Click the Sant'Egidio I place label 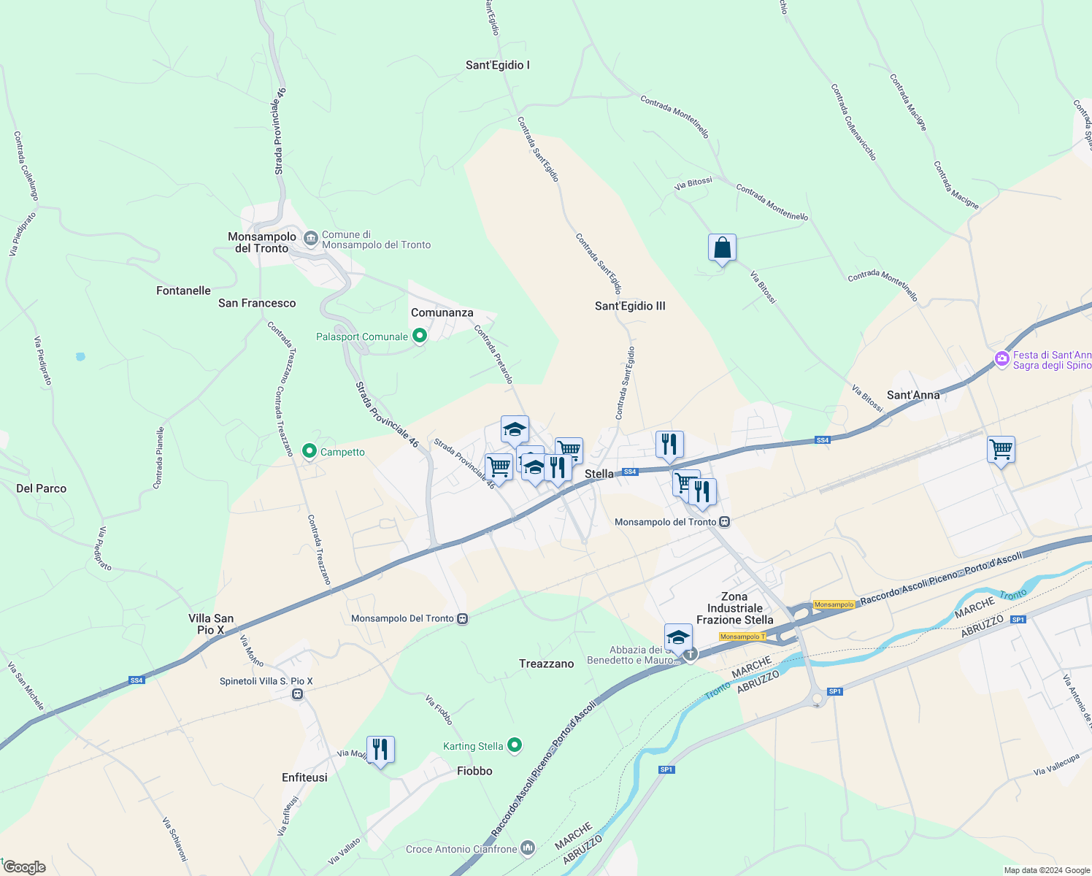[498, 65]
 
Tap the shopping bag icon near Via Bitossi [722, 248]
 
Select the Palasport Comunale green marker [420, 336]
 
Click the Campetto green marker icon [309, 451]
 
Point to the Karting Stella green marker [515, 745]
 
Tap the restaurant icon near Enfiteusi [380, 750]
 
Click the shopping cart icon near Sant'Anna [1001, 450]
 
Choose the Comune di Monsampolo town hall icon [311, 239]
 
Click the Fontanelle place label [183, 291]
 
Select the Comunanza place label [442, 312]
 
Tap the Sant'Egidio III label [630, 306]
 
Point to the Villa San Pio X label [211, 624]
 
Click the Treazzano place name [547, 664]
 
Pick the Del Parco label [41, 488]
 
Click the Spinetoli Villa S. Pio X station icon [297, 693]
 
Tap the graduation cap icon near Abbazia [678, 637]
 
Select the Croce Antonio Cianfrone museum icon [528, 848]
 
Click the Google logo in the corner [24, 867]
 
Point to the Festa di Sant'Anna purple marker [1002, 359]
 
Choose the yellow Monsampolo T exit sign [742, 637]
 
